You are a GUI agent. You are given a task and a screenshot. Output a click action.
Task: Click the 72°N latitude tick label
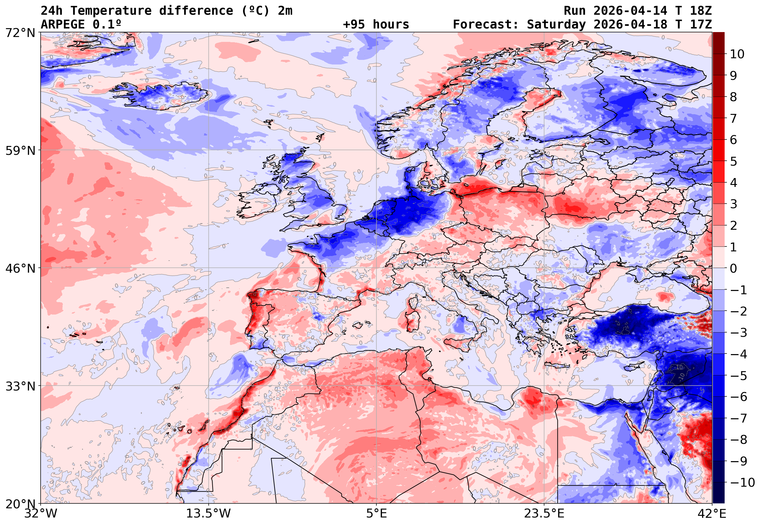coord(20,33)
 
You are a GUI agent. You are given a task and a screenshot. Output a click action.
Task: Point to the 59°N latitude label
coord(20,151)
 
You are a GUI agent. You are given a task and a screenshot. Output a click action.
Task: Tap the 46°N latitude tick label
coord(20,268)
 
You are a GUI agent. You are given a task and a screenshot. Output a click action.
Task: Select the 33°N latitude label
coord(20,386)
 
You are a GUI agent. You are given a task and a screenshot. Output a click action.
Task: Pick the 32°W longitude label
coord(41,514)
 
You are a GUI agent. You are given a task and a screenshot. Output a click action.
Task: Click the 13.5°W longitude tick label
coord(209,514)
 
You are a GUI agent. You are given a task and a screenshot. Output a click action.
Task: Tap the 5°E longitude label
coord(376,514)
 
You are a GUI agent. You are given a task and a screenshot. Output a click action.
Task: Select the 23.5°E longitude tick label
coord(544,514)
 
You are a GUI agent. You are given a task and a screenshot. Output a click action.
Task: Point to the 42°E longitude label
coord(712,514)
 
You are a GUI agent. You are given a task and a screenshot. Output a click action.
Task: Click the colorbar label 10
coord(737,54)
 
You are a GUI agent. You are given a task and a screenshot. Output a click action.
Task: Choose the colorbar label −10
coord(742,482)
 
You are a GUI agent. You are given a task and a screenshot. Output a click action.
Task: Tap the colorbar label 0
coord(733,268)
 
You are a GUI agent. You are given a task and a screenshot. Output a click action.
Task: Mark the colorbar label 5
coord(733,161)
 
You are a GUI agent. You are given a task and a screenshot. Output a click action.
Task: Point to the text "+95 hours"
coord(376,25)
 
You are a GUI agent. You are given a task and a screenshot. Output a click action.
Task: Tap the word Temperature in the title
coord(111,11)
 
